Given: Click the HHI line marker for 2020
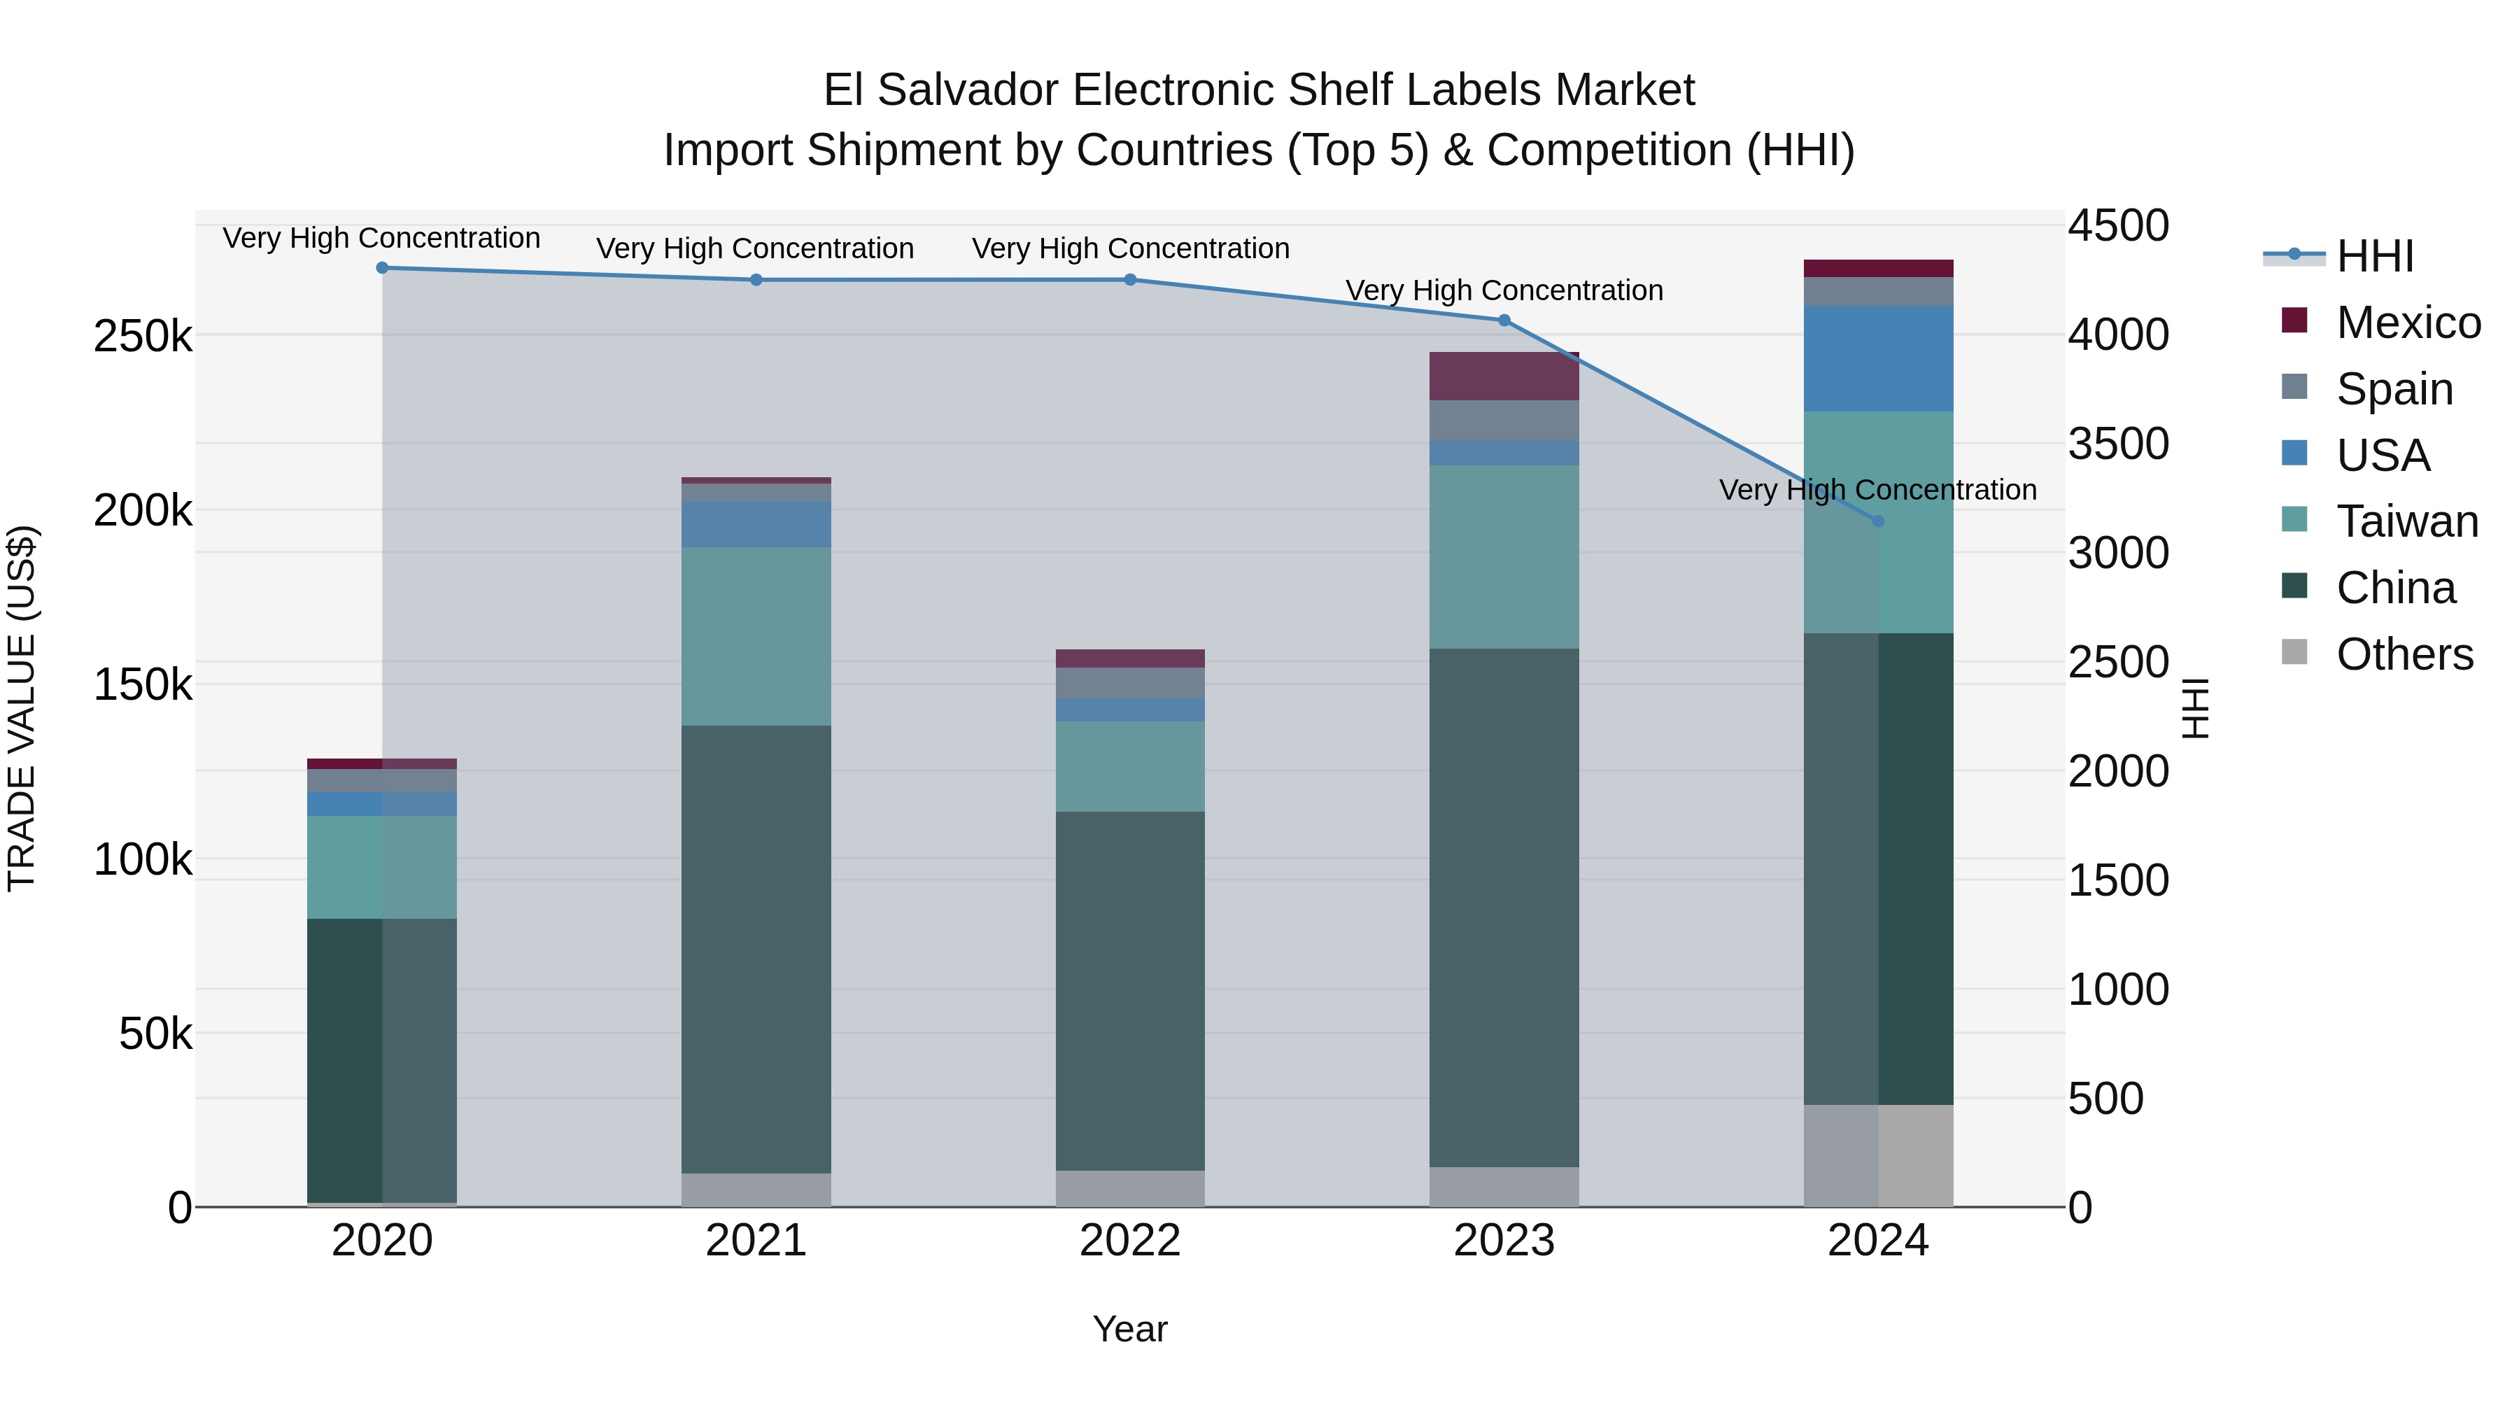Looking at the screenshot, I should pos(382,268).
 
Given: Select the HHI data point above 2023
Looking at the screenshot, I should pos(1504,320).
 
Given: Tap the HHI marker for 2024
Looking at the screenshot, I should pos(1877,521).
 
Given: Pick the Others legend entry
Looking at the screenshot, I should pos(2404,654).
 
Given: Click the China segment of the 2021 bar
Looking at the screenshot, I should pos(756,949).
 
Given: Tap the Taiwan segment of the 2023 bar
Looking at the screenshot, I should pos(1504,558).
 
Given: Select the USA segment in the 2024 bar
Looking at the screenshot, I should pos(1877,359).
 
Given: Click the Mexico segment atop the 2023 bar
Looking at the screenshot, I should pos(1504,376).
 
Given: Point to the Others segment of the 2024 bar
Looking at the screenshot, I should pos(1877,1156).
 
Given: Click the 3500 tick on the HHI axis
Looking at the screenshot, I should pos(2118,444).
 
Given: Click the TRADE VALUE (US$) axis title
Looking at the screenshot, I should pos(22,708).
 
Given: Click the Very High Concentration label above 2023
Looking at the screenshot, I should pos(1504,290).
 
